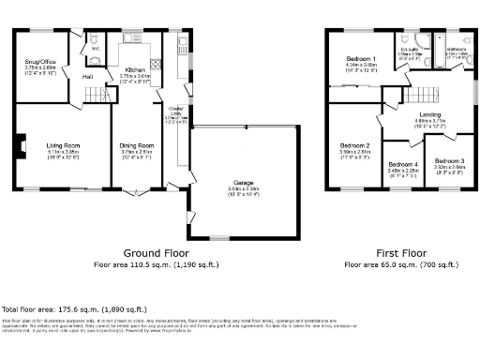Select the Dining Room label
tap(137, 146)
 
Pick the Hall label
tap(86, 77)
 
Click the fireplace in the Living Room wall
tap(19, 146)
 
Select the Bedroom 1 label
tap(360, 60)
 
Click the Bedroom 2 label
tap(354, 146)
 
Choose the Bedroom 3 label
tap(446, 161)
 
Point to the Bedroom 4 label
tap(403, 165)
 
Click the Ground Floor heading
tap(156, 253)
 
